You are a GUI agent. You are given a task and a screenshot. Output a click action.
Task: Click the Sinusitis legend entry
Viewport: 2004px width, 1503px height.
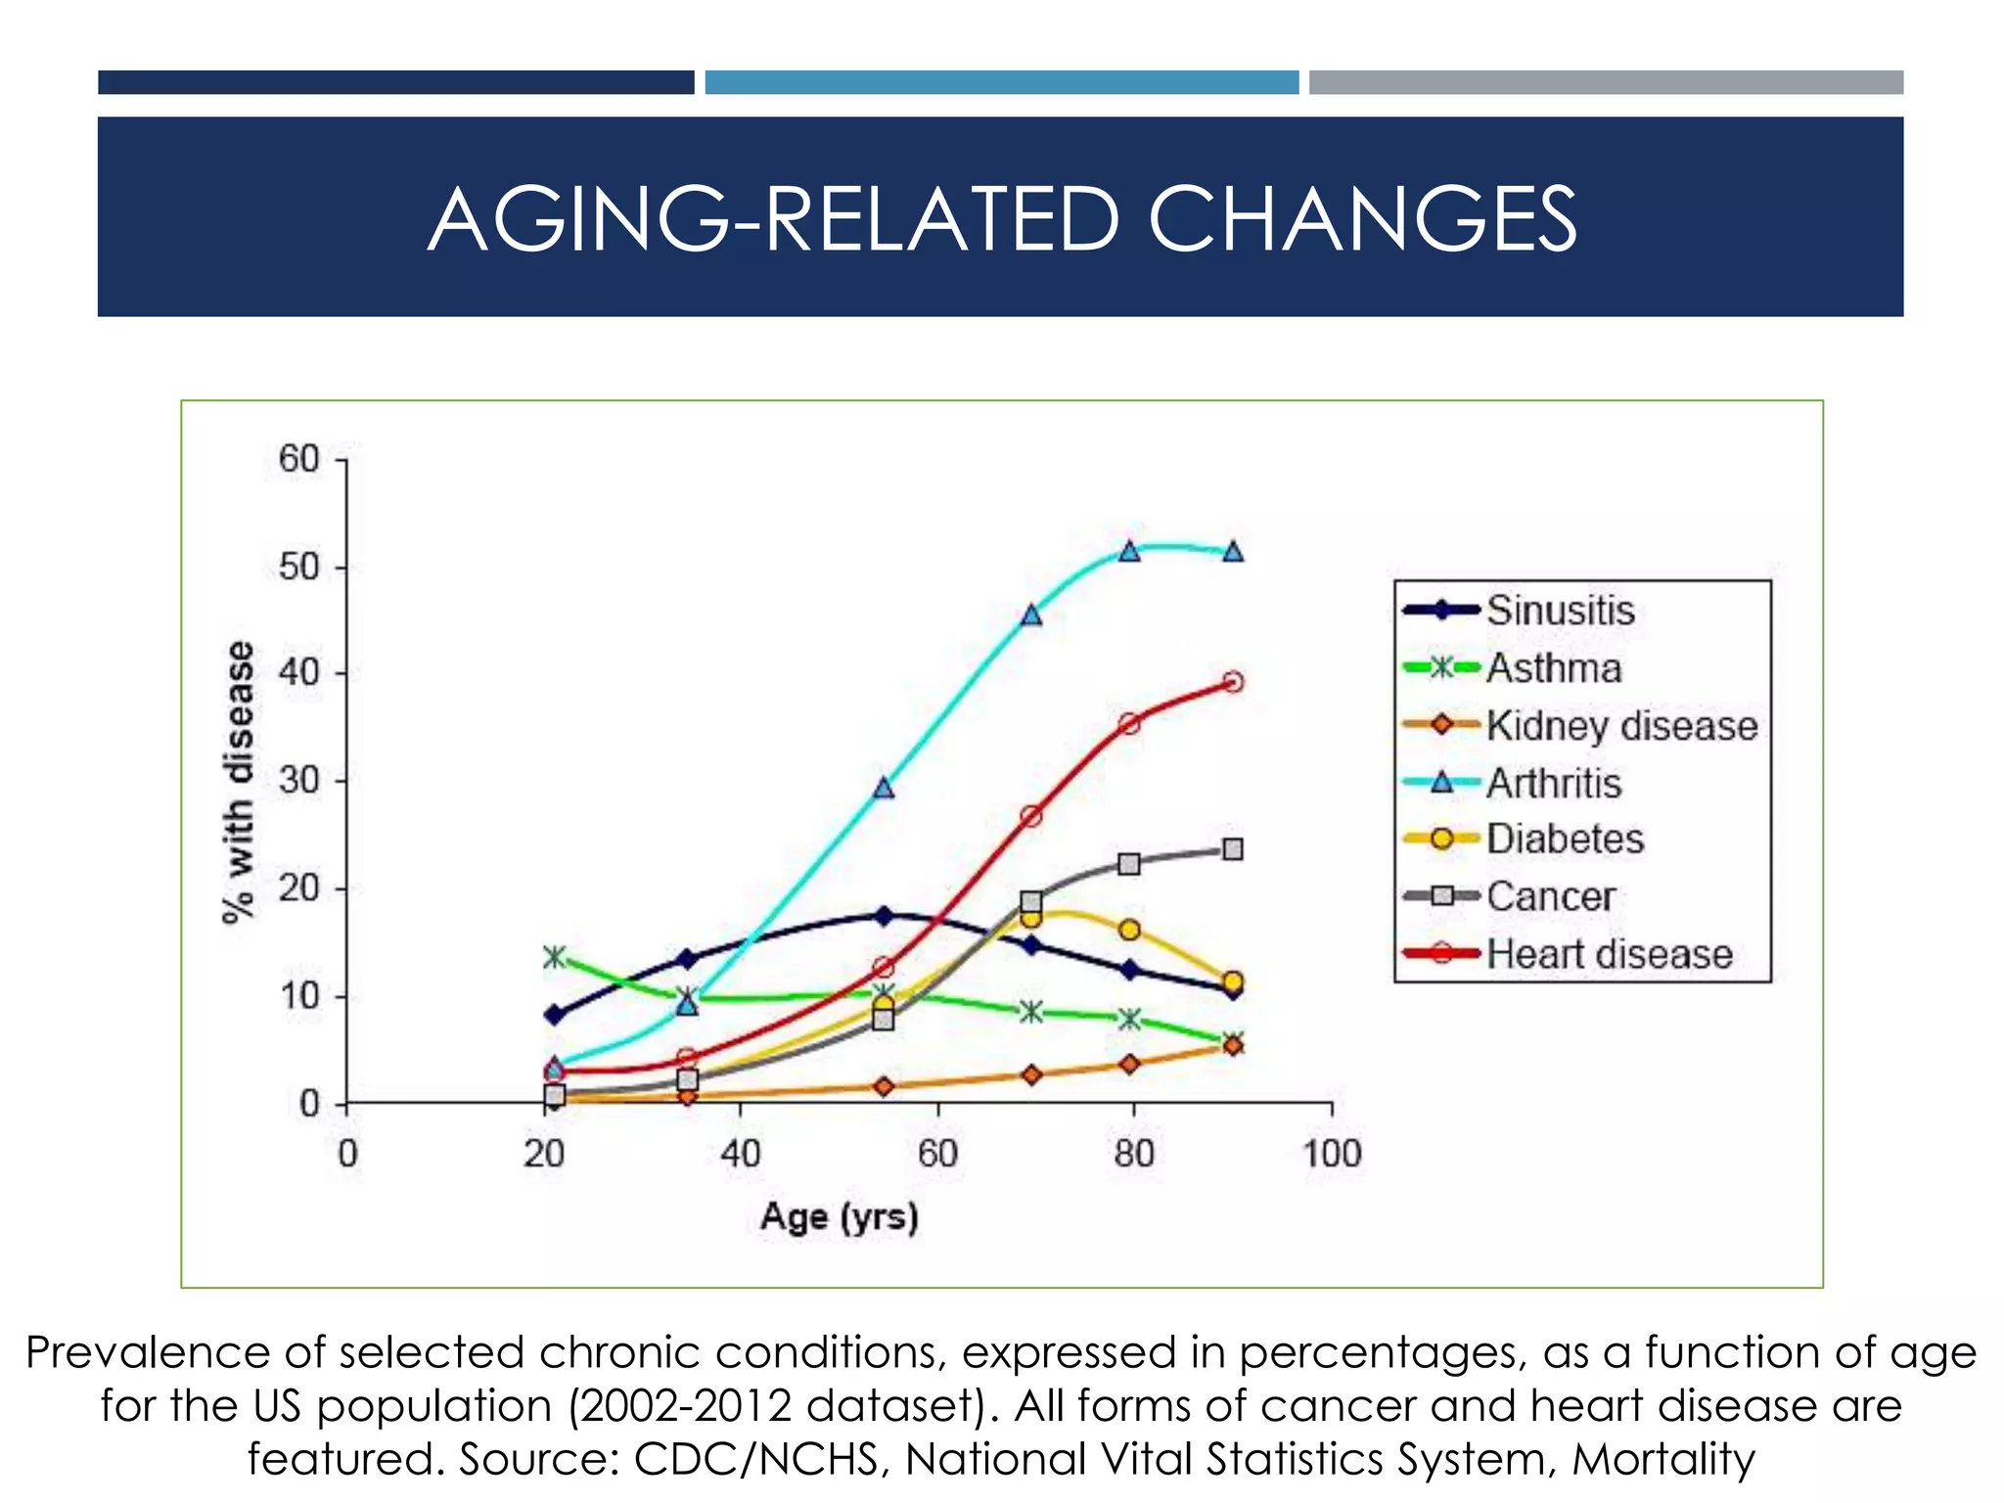(1560, 611)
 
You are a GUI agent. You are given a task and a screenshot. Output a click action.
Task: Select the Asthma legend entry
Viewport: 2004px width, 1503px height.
(1554, 668)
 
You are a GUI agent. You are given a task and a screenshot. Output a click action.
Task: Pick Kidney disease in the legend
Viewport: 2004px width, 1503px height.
(1621, 726)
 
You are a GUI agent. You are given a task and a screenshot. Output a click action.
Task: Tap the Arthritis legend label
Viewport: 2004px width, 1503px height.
(1554, 783)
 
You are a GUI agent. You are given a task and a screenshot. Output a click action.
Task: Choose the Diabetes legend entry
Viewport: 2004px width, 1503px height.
(1565, 840)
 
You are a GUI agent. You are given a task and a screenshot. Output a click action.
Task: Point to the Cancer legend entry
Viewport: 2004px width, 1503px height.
(1551, 896)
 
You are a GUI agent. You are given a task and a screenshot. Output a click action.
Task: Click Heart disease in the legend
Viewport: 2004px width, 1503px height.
(1610, 954)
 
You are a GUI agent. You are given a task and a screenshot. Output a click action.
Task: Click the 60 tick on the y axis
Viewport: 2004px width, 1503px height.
(298, 459)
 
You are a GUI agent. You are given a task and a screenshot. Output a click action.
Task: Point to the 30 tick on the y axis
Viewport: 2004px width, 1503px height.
(298, 781)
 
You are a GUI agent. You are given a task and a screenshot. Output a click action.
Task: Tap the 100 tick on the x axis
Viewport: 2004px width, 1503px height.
(1332, 1154)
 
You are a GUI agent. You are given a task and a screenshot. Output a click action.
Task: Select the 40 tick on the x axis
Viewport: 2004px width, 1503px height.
(741, 1154)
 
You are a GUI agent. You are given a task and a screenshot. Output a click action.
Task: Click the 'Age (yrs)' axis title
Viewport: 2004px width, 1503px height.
(840, 1217)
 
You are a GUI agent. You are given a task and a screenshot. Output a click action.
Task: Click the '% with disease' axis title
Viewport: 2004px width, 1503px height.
(239, 782)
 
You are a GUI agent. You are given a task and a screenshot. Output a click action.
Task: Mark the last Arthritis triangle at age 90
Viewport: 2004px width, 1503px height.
(1233, 552)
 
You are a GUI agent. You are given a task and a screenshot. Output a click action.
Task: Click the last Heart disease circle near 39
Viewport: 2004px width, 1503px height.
(1233, 682)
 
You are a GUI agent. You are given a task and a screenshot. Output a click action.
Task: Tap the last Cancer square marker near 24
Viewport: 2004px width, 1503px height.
(1233, 849)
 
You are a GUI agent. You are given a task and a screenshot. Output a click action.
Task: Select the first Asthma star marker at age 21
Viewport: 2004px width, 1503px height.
(555, 957)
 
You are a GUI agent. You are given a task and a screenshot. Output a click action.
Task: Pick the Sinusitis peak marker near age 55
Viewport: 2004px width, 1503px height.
(884, 916)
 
